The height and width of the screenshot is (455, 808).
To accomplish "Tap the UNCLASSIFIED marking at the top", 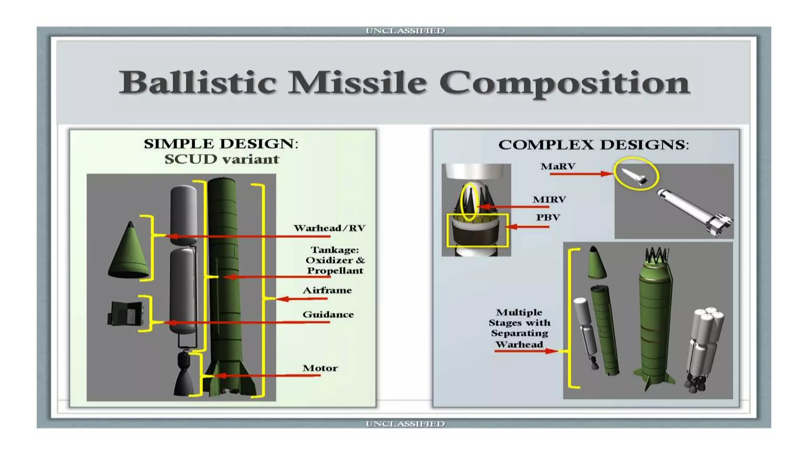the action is [x=405, y=31].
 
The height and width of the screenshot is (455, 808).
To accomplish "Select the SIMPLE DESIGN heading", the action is [x=221, y=144].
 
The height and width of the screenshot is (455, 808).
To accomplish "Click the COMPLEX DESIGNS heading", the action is [x=593, y=145].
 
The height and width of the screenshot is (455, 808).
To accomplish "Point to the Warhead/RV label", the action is [x=329, y=228].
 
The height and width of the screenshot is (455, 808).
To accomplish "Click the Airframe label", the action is [x=327, y=290].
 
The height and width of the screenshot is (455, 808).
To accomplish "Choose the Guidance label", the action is [x=328, y=314].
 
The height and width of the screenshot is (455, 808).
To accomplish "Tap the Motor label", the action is [x=320, y=368].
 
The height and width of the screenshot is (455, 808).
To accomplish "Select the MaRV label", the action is [x=558, y=167].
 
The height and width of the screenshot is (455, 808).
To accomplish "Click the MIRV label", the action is [x=549, y=199].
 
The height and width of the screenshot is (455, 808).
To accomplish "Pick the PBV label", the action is [x=548, y=217].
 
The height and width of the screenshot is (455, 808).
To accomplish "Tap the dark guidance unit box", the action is [x=125, y=314].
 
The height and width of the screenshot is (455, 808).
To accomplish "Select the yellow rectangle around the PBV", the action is [x=477, y=231].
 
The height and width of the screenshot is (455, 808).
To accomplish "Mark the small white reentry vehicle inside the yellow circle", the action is [x=634, y=175].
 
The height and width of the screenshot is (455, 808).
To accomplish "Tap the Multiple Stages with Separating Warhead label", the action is [x=519, y=328].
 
